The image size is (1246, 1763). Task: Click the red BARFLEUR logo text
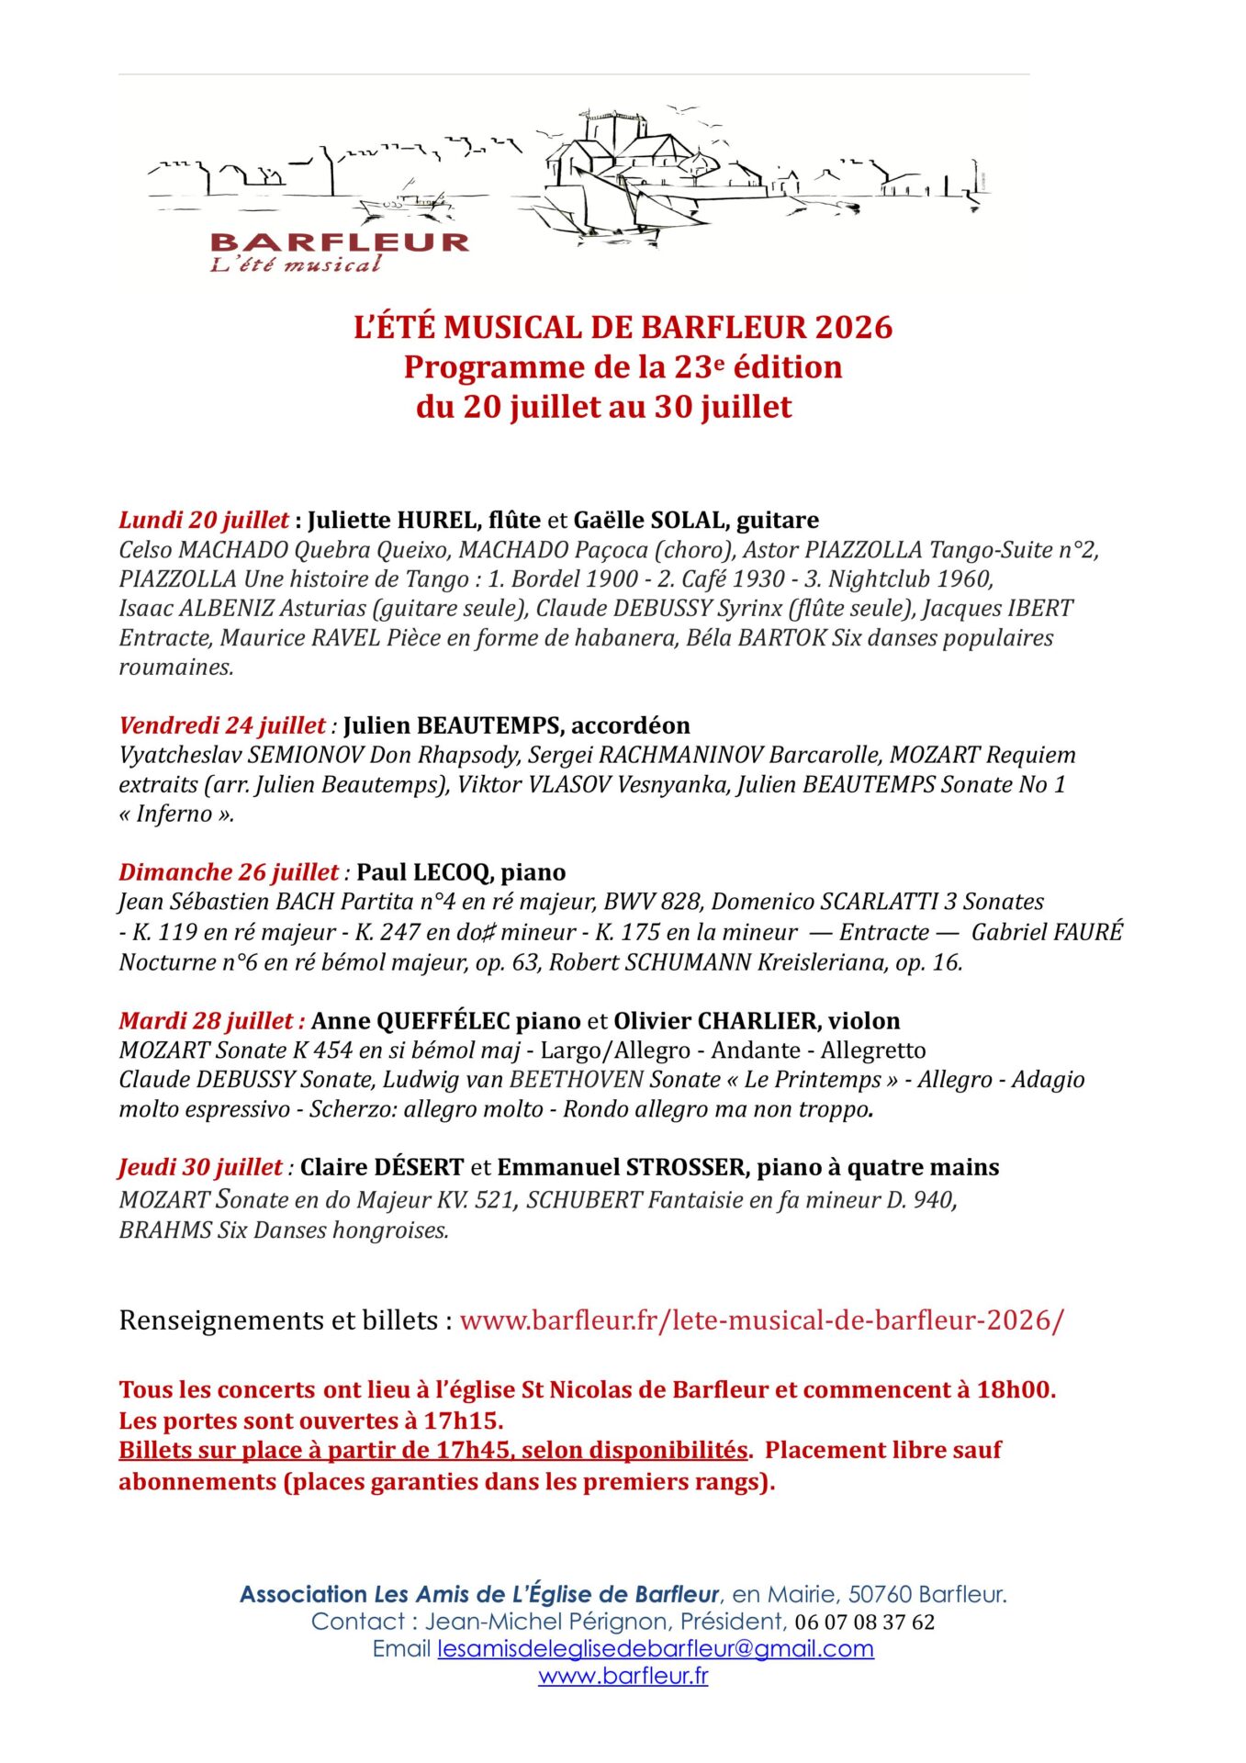[x=340, y=242]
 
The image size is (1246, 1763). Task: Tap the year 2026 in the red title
[x=853, y=328]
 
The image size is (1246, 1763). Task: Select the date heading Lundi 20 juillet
[x=204, y=520]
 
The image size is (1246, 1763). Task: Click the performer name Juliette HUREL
[x=393, y=520]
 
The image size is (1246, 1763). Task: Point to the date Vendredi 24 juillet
[x=222, y=725]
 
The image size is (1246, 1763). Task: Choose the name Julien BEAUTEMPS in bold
[x=451, y=725]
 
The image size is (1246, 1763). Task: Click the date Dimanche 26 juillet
[x=229, y=872]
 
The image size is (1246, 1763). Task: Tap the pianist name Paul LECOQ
[x=425, y=872]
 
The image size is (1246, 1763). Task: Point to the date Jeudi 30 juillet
[x=200, y=1167]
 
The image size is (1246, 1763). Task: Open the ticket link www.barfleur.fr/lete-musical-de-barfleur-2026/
[x=761, y=1320]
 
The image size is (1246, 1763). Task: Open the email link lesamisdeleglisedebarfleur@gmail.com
[x=656, y=1648]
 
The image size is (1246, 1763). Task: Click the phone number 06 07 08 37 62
[x=864, y=1622]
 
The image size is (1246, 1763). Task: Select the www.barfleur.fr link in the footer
[x=623, y=1676]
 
